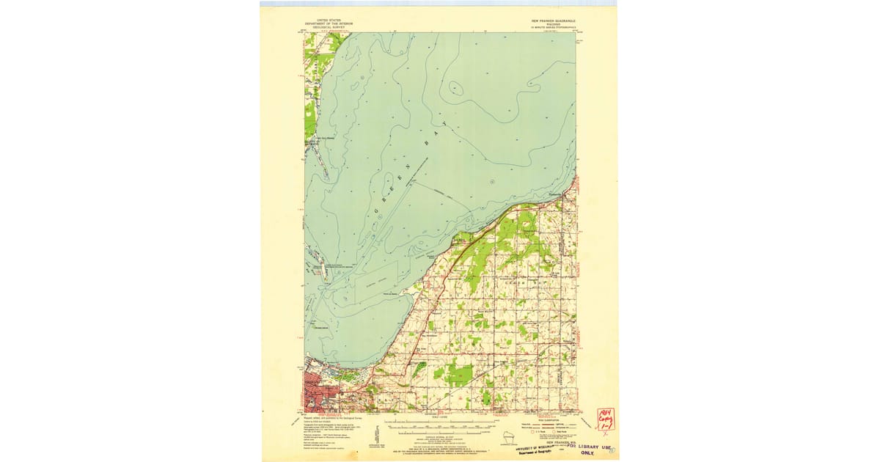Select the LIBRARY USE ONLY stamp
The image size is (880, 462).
tap(590, 449)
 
